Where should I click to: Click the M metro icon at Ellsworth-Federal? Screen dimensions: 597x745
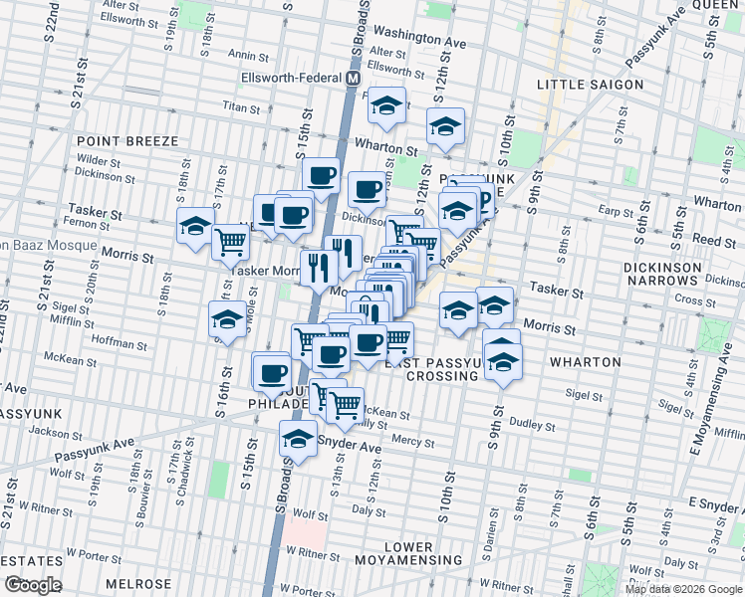[353, 77]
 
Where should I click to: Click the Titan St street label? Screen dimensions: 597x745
[240, 105]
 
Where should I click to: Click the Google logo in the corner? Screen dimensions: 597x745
[33, 585]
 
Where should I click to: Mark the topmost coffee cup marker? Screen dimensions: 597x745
[321, 175]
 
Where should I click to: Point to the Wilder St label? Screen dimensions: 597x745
[98, 159]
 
